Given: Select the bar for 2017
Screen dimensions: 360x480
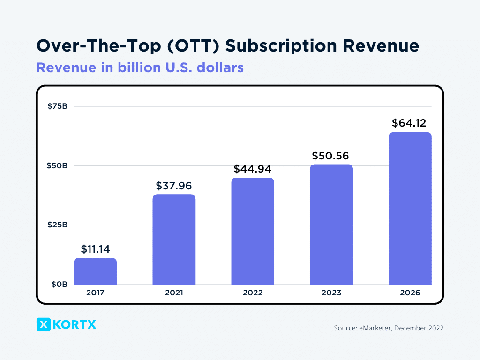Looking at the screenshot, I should [x=95, y=271].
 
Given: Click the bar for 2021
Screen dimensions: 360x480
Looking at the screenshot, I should [x=174, y=240].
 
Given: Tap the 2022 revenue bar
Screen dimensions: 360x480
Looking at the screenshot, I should [x=253, y=231].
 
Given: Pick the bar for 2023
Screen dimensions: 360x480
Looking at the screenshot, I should [x=331, y=225].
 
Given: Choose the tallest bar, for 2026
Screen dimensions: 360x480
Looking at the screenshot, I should [x=410, y=209].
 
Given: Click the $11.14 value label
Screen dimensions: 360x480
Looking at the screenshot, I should [x=95, y=249].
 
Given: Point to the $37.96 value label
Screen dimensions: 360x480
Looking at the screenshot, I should [x=174, y=186].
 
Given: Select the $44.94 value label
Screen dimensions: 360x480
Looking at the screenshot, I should [x=253, y=169].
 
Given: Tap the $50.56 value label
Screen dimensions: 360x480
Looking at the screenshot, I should [x=331, y=156].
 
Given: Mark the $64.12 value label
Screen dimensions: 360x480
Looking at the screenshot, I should [x=410, y=124].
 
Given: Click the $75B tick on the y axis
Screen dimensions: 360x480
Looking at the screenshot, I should [x=58, y=106].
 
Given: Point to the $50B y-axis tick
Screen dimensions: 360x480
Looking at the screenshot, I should [x=58, y=166].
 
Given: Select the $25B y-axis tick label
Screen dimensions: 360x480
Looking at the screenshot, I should [x=58, y=225].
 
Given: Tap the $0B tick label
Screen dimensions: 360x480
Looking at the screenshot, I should [x=60, y=285].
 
